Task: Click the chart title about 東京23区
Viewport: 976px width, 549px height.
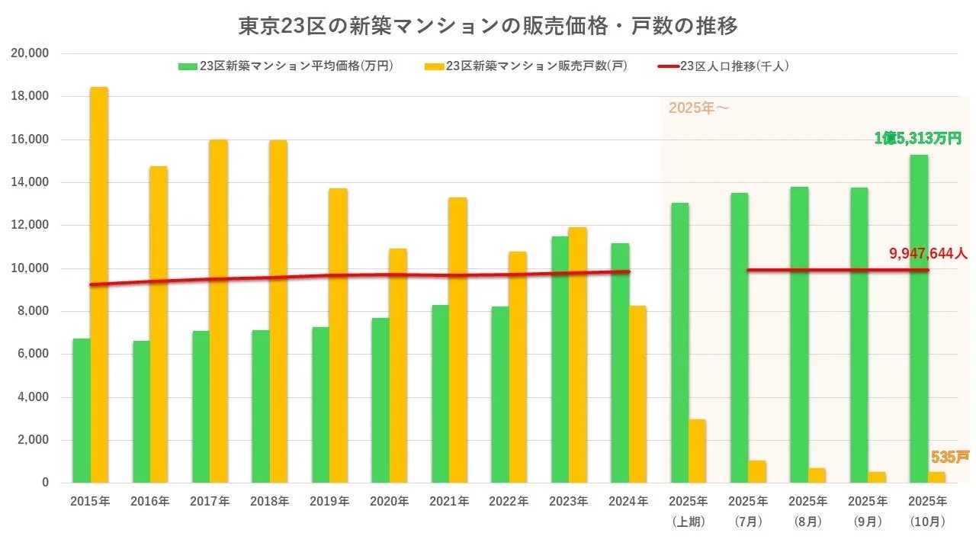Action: pyautogui.click(x=488, y=26)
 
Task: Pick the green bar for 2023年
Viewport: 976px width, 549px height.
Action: pyautogui.click(x=560, y=359)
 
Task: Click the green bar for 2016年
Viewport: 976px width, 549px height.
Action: pyautogui.click(x=141, y=411)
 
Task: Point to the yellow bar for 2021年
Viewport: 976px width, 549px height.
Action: pyautogui.click(x=457, y=339)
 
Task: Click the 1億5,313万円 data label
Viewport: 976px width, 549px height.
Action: pyautogui.click(x=917, y=138)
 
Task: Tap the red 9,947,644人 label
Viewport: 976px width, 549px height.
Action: pyautogui.click(x=927, y=253)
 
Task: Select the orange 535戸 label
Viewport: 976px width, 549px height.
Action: pyautogui.click(x=949, y=457)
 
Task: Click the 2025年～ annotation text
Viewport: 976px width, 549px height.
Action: pyautogui.click(x=698, y=108)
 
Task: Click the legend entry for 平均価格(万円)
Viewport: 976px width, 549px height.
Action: pyautogui.click(x=286, y=66)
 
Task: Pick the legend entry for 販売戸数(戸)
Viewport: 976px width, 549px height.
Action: pyautogui.click(x=526, y=66)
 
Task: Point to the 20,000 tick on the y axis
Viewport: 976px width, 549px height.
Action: pyautogui.click(x=30, y=53)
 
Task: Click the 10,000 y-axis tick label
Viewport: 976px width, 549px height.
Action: pyautogui.click(x=30, y=268)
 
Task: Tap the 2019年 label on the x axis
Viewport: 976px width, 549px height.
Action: pyautogui.click(x=329, y=502)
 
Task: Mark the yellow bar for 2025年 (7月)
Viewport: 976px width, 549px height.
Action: pyautogui.click(x=756, y=471)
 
